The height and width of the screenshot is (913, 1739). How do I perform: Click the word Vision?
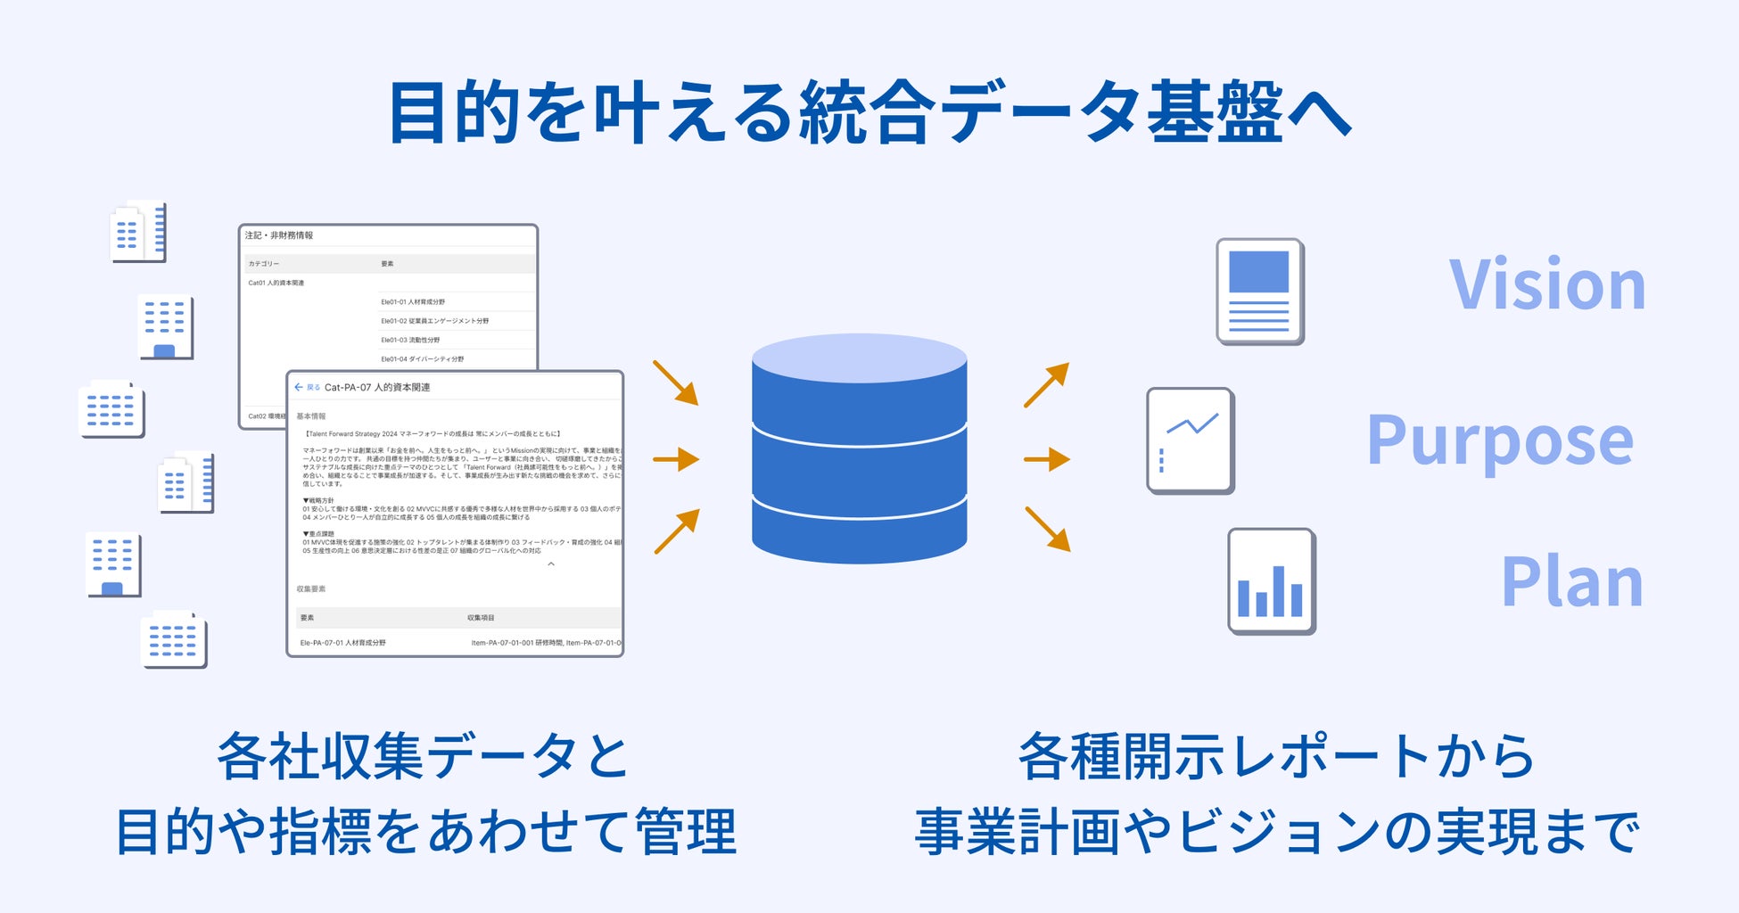(1547, 285)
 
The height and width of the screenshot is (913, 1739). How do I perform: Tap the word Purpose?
(1500, 440)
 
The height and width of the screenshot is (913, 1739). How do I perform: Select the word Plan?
(1571, 582)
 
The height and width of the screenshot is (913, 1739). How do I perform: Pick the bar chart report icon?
(1271, 581)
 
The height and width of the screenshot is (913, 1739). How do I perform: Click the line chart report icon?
(1190, 440)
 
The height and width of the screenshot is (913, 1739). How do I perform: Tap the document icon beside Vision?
(1259, 291)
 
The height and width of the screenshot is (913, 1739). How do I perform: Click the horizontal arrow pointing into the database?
(676, 459)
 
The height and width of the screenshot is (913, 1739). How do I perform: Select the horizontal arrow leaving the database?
(1047, 459)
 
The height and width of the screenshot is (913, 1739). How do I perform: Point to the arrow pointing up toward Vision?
(1046, 385)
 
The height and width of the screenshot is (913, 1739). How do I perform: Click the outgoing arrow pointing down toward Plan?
(1048, 529)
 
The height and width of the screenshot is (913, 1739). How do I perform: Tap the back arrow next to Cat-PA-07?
(299, 387)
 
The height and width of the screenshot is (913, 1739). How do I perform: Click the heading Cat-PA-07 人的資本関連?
(377, 387)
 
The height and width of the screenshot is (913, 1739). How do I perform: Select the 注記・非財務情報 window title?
(279, 235)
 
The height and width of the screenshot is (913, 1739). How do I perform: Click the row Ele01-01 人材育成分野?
(413, 301)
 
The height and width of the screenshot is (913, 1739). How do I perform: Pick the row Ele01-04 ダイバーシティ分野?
(422, 358)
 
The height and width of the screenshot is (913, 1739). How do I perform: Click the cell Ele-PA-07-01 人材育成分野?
(343, 642)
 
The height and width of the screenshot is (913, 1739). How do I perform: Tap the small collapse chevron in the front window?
(551, 563)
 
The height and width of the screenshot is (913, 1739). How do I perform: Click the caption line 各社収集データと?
(423, 756)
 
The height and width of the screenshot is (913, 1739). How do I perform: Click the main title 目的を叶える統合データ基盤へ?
(869, 112)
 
